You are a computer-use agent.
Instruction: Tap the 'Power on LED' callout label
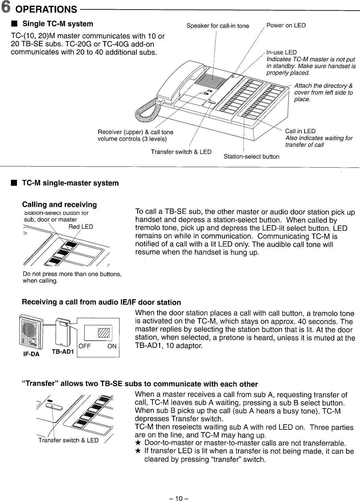click(286, 25)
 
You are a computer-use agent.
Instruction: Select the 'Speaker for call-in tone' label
click(218, 26)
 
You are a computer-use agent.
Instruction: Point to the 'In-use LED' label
click(281, 52)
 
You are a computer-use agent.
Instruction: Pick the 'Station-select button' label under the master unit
click(251, 157)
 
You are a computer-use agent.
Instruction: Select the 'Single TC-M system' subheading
click(57, 24)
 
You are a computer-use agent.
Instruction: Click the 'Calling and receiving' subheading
click(59, 205)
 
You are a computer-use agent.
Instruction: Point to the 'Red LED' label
click(80, 227)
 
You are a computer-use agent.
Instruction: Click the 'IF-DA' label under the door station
click(31, 354)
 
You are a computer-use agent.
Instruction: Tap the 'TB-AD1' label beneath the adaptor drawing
click(63, 352)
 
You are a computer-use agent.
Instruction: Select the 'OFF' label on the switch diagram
click(85, 346)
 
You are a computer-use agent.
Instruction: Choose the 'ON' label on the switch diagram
click(112, 346)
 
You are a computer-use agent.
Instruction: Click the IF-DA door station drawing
click(31, 330)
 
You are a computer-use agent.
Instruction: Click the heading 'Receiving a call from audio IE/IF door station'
click(101, 302)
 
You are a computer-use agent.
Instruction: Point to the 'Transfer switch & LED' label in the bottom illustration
click(68, 440)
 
